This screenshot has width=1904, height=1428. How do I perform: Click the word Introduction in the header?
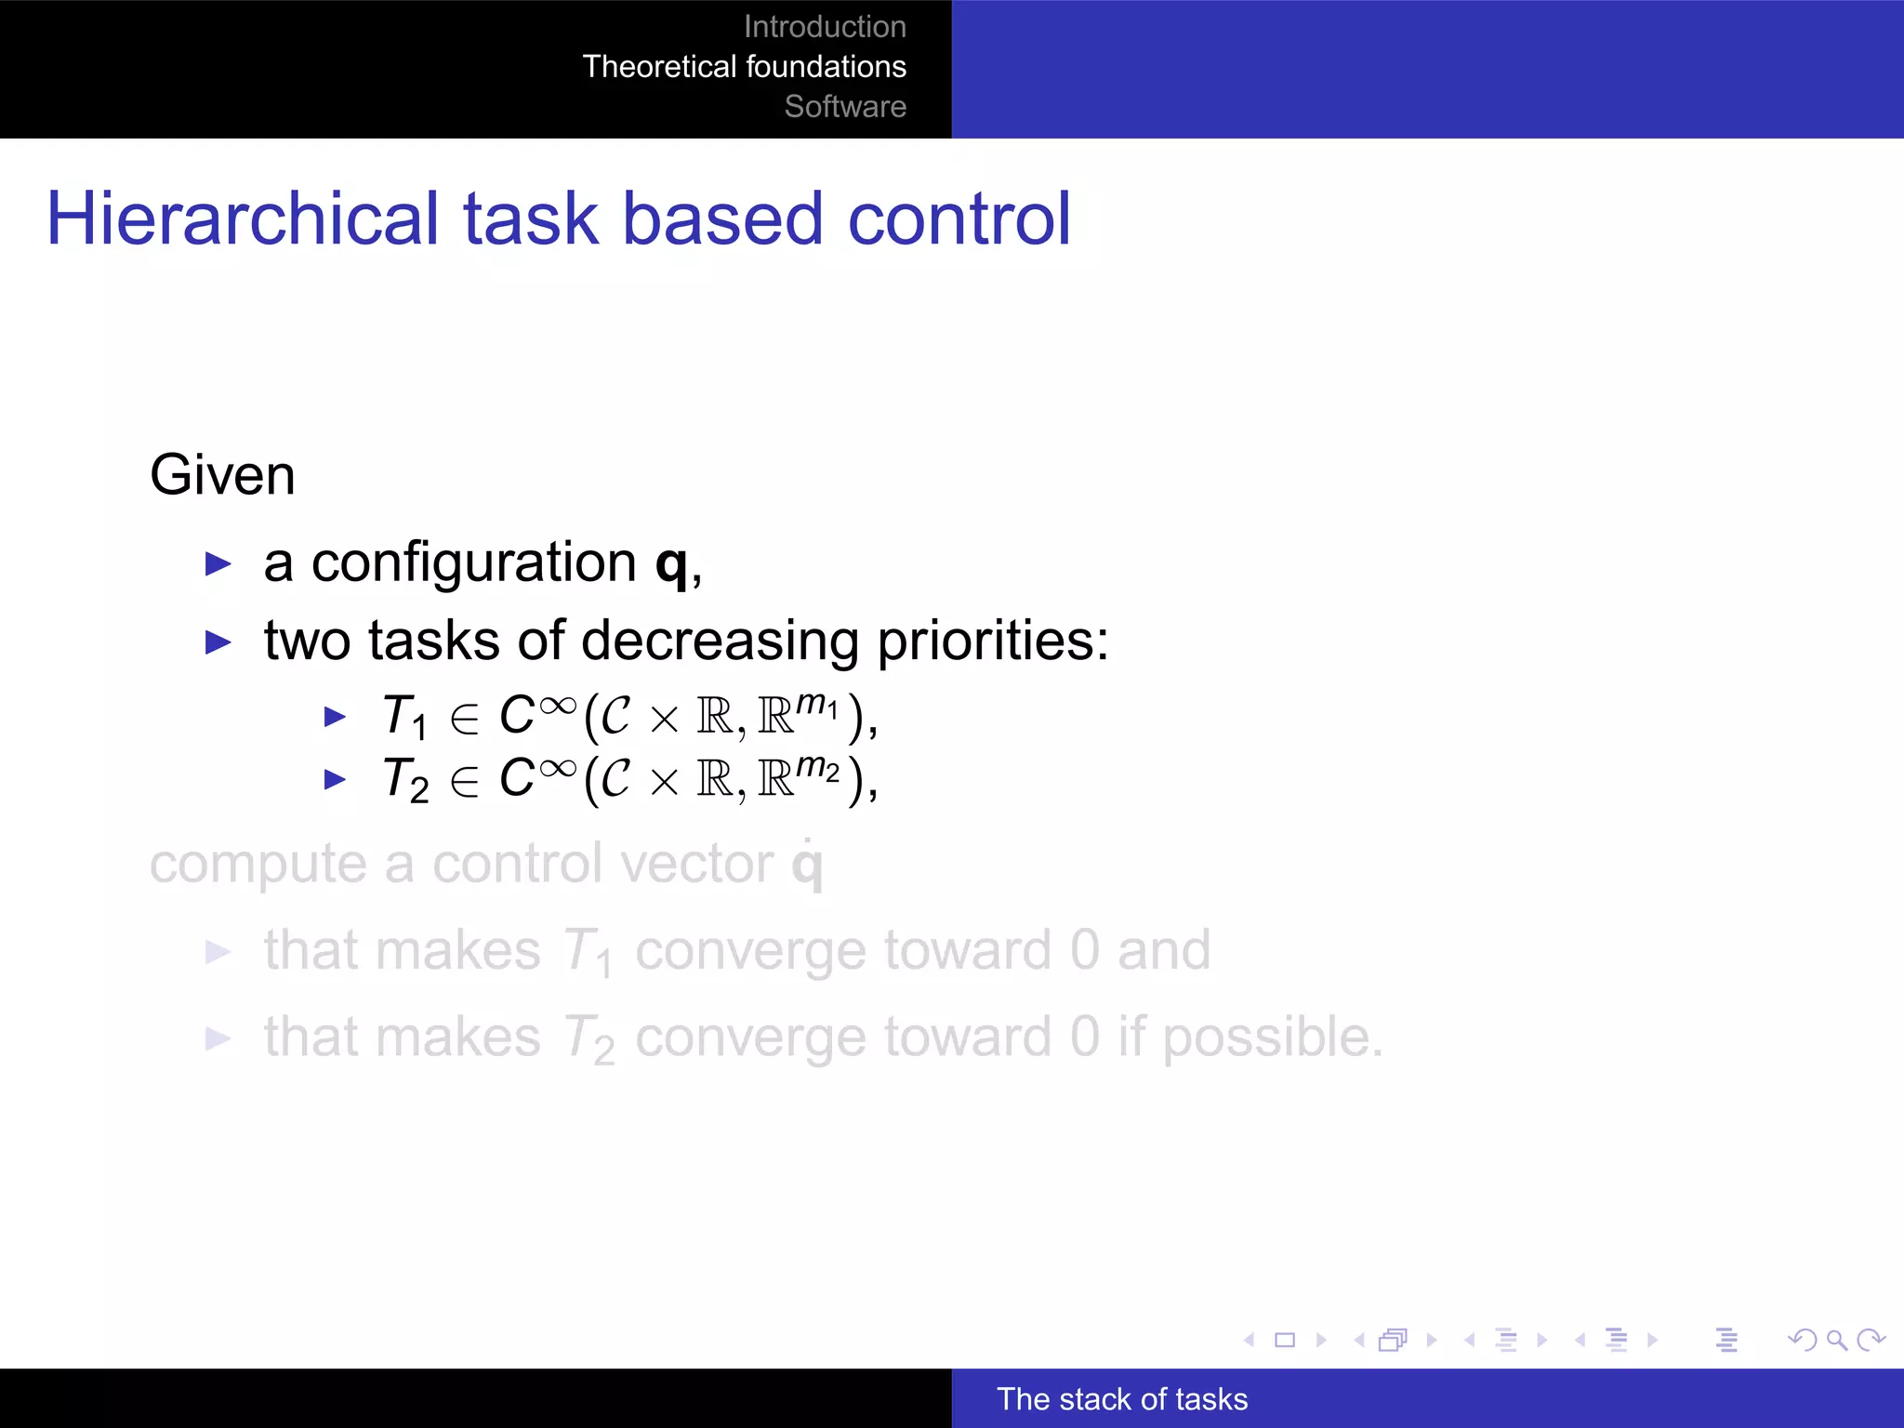point(825,27)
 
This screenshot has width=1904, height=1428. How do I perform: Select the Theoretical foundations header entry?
point(744,67)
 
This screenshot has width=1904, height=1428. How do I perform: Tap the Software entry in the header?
point(844,107)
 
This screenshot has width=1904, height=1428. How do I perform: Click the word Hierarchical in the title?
point(242,219)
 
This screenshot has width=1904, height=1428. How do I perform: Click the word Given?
point(222,475)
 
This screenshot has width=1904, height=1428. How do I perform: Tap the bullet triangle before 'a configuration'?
point(218,563)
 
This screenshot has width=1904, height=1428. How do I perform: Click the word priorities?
point(992,641)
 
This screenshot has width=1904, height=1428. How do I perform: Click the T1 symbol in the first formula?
point(404,717)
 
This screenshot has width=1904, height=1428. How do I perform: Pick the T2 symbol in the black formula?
point(405,779)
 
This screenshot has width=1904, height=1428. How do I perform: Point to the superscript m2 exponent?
point(818,767)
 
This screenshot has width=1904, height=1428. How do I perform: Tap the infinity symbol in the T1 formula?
point(558,706)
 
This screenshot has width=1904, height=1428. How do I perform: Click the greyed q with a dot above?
point(807,865)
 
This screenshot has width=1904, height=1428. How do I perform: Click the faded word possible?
point(1271,1038)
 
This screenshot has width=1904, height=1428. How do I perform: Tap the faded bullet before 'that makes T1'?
point(218,952)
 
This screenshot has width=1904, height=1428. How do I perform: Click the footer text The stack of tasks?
point(1121,1399)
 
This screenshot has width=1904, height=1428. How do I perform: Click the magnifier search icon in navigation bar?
point(1836,1340)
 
